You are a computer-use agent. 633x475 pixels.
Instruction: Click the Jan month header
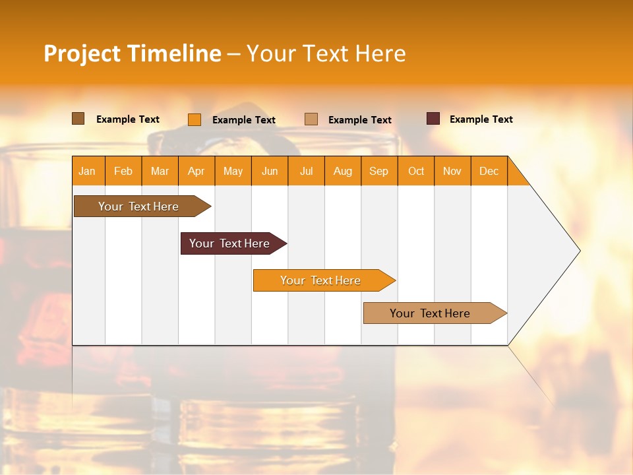[87, 172]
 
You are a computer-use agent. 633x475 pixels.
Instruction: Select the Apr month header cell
[196, 172]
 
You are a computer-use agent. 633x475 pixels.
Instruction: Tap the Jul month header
[306, 172]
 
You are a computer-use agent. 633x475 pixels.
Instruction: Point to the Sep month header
[378, 172]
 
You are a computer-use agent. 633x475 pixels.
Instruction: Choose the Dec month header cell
[489, 172]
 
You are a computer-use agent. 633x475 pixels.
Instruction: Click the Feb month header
[123, 172]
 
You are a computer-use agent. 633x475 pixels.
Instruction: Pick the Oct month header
[416, 172]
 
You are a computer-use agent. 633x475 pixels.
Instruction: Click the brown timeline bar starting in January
[138, 206]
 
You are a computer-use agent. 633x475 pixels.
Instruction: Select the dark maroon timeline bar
[229, 243]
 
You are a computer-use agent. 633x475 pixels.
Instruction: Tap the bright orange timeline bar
[320, 280]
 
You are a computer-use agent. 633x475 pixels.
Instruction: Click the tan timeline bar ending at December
[430, 313]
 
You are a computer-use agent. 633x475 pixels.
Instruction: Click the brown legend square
[78, 119]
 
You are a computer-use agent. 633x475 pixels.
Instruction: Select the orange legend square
[195, 119]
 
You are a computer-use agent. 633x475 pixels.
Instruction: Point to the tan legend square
[311, 119]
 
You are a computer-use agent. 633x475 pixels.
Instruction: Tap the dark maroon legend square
[433, 119]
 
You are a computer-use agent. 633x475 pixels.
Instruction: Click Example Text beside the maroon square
[481, 119]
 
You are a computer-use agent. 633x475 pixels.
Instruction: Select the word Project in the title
[82, 53]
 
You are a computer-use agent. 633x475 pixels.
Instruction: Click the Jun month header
[270, 172]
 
